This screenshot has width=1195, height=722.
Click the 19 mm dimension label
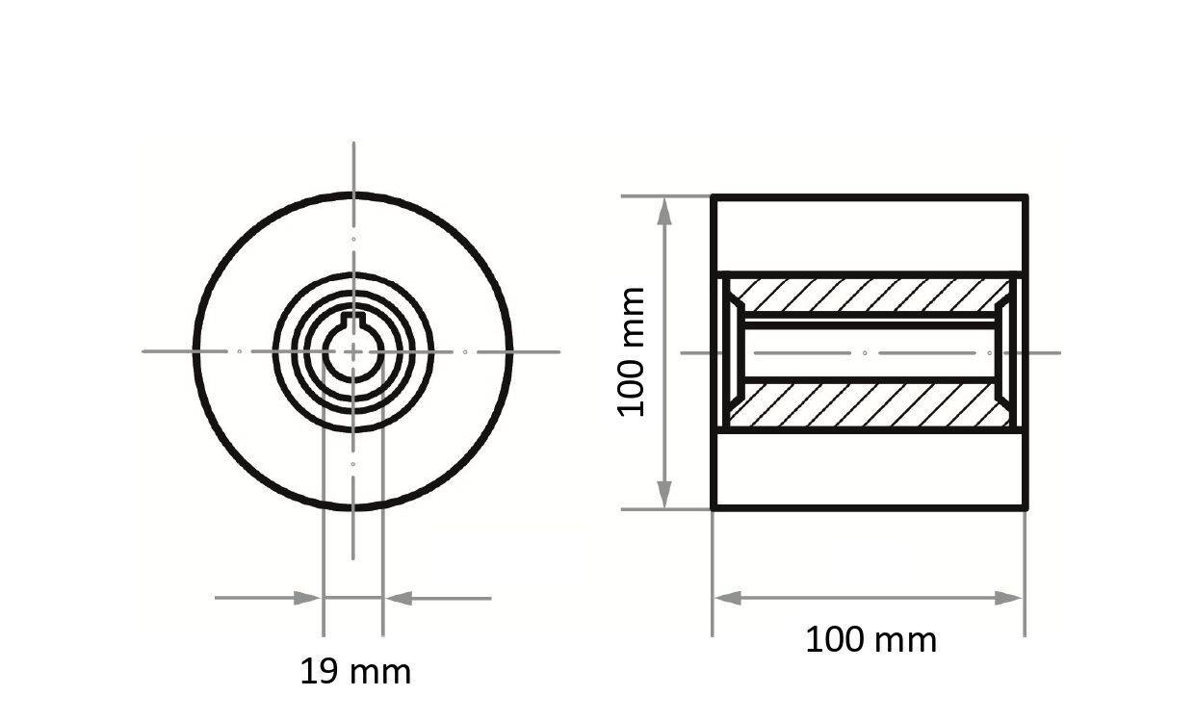[355, 671]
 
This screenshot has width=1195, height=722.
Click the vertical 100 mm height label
[631, 351]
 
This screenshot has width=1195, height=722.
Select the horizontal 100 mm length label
[870, 639]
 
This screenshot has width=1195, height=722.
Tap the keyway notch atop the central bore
[353, 321]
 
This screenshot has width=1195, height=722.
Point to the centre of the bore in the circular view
[353, 352]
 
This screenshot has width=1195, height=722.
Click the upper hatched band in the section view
[867, 295]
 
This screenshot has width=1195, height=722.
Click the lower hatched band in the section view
[867, 405]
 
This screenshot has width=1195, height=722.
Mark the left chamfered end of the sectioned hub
[733, 352]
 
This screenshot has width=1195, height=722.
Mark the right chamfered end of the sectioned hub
[1002, 352]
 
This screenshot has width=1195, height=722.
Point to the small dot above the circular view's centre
[353, 239]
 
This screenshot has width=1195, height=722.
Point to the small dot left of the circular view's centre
[240, 351]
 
